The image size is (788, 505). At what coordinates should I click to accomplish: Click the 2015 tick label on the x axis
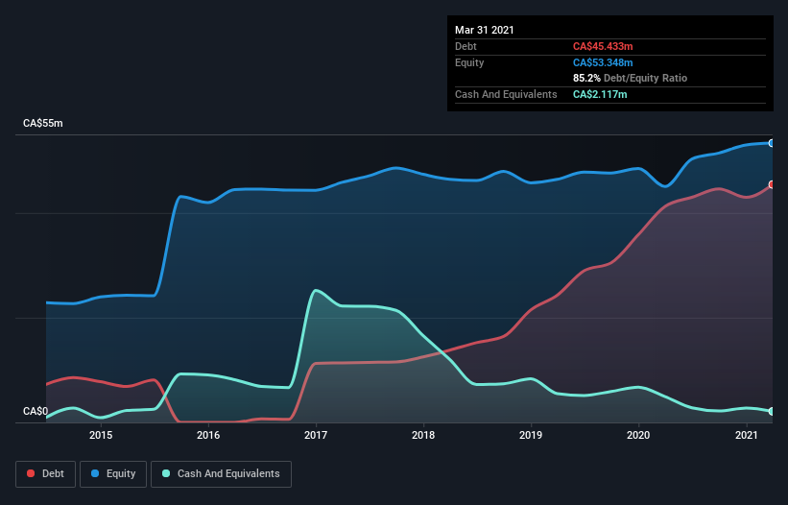coord(101,436)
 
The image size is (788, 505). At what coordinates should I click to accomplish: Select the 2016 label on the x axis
coord(208,436)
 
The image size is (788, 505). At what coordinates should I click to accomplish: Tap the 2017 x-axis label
coord(316,436)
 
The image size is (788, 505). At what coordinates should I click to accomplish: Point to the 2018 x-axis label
coord(423,436)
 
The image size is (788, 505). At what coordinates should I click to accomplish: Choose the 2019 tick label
coord(531,436)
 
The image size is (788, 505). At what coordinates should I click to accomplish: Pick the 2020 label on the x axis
coord(638,436)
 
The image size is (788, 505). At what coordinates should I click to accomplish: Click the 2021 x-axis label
coord(746,436)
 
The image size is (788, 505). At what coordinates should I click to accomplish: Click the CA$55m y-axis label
coord(42,124)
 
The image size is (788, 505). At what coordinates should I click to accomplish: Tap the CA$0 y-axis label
coord(35,412)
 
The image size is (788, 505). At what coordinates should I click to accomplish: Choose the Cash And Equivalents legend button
coord(221,473)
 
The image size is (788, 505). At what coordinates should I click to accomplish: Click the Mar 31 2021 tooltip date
coord(485,30)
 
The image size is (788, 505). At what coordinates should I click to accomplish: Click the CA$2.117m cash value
coord(601,94)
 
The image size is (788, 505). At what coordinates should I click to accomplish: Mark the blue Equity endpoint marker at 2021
coord(771,143)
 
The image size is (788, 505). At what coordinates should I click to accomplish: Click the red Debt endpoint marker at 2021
coord(771,184)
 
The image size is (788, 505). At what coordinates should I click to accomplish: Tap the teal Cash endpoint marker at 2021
coord(771,411)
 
